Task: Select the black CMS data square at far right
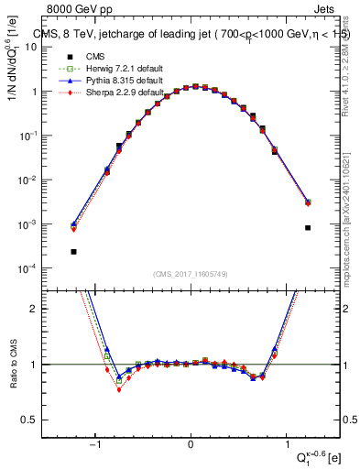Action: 308,227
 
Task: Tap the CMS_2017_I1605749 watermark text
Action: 191,275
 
